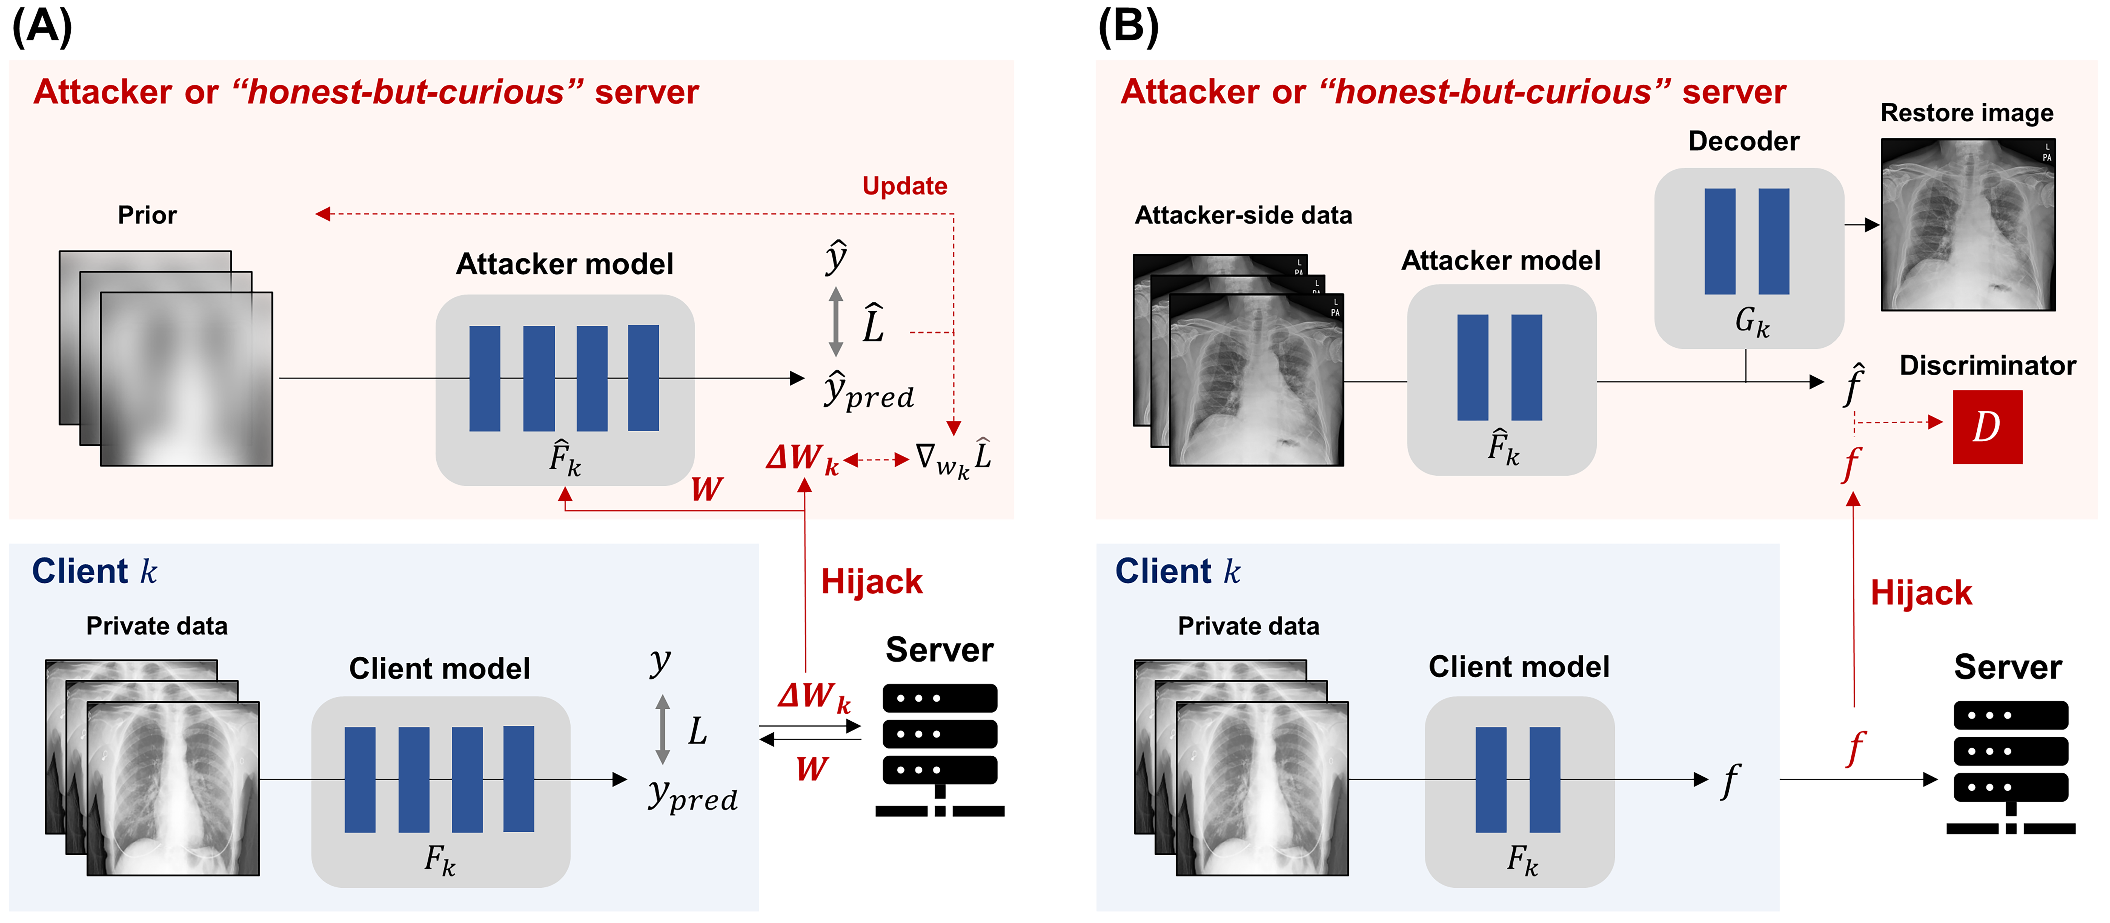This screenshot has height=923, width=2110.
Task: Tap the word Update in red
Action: click(x=904, y=186)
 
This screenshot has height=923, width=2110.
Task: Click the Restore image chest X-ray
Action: click(x=1967, y=224)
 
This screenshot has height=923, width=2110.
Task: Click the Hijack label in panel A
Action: click(x=872, y=581)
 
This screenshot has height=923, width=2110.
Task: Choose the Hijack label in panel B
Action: click(x=1921, y=592)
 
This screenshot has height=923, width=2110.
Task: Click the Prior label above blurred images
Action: click(x=147, y=214)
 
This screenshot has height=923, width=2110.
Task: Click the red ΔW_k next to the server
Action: click(x=813, y=697)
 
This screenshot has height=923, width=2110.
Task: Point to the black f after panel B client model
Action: click(x=1730, y=780)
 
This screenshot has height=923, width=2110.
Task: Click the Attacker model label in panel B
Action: click(x=1501, y=260)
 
